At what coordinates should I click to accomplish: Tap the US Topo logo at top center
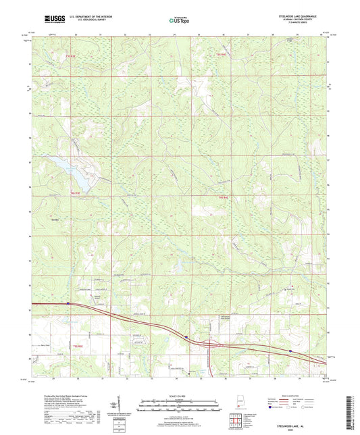[180, 20]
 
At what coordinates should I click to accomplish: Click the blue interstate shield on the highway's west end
[68, 303]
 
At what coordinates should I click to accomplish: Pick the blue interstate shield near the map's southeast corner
[289, 351]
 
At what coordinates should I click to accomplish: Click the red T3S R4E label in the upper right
[220, 54]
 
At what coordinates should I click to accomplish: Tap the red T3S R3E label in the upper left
[63, 54]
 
